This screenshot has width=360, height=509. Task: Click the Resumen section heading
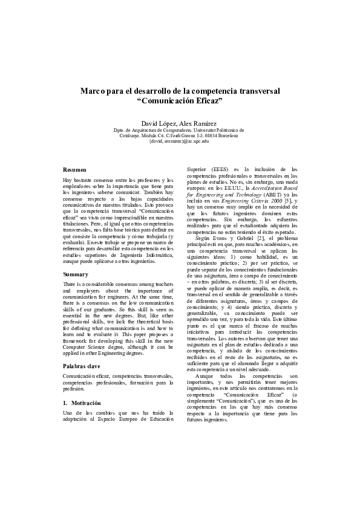tap(74, 169)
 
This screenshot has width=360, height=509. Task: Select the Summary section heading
tap(76, 274)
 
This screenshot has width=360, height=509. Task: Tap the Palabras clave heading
tap(82, 366)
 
